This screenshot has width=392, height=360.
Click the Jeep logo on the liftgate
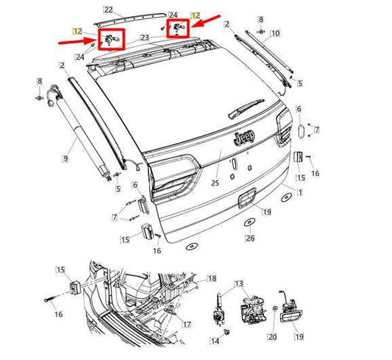245,138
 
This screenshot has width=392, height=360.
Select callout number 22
109,10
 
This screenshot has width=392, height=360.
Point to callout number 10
275,34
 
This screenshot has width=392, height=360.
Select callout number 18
212,278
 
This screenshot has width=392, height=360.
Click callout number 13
238,284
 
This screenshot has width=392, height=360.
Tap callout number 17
187,323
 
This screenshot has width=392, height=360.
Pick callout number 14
215,342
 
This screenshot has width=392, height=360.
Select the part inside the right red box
177,29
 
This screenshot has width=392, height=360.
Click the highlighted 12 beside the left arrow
76,29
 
